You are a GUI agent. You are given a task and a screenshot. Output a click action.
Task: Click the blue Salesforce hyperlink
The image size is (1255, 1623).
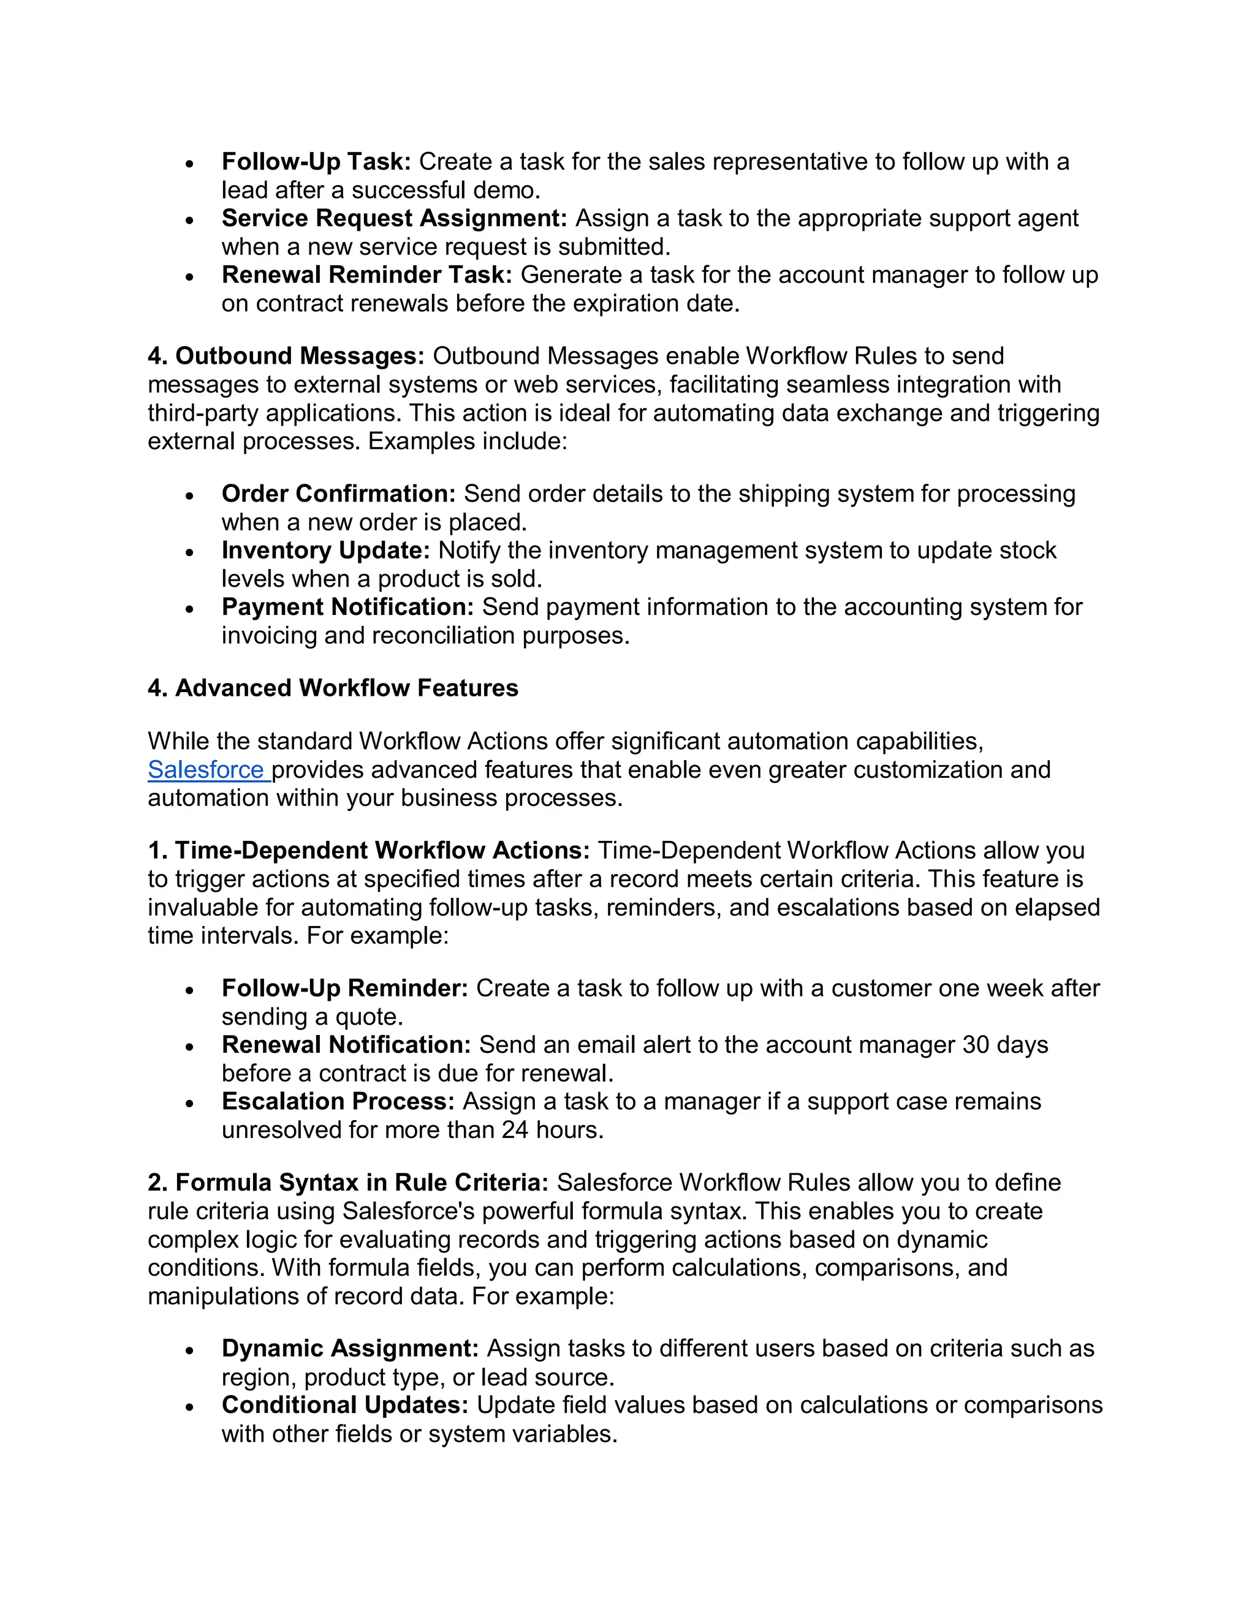click(205, 770)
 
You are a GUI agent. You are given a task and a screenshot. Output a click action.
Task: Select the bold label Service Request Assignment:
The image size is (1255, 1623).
click(394, 218)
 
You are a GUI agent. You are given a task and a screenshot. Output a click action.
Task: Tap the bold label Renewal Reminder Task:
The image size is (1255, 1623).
click(366, 275)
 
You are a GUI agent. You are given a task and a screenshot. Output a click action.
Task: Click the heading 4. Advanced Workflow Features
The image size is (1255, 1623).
click(332, 688)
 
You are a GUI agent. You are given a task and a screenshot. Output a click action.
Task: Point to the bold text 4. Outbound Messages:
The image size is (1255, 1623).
click(286, 356)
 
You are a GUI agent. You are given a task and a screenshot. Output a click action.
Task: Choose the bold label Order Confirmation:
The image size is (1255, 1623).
click(338, 494)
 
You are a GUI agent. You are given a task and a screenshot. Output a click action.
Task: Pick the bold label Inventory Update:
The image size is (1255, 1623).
click(325, 550)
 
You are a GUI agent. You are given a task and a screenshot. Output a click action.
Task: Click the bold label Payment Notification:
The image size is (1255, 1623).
click(347, 607)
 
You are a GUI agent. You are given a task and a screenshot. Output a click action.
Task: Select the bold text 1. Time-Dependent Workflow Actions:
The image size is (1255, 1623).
click(368, 850)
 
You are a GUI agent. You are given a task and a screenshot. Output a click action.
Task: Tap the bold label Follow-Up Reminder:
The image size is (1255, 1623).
click(344, 988)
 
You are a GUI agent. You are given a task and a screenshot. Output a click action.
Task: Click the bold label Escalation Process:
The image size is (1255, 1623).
click(338, 1101)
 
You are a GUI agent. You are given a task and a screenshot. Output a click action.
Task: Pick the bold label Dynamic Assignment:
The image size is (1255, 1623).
click(349, 1349)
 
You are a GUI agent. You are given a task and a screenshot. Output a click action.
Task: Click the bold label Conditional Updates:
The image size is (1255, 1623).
click(345, 1405)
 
